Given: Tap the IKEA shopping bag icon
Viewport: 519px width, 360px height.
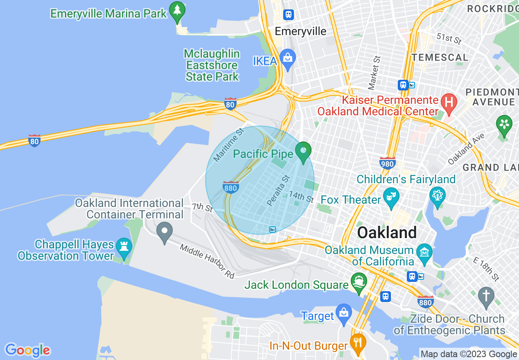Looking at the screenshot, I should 288,60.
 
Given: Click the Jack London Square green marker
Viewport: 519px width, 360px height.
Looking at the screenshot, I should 359,282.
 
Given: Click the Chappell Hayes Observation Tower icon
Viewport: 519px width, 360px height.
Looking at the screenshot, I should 123,247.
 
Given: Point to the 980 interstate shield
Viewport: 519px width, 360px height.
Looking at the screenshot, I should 387,163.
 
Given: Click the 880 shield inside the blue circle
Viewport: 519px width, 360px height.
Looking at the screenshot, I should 231,187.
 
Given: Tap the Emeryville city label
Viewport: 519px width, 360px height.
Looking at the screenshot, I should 300,32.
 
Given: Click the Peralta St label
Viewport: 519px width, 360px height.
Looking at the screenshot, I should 278,190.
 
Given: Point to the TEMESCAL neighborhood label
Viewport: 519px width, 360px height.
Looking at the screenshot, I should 440,57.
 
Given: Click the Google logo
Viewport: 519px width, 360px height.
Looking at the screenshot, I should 27,350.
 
